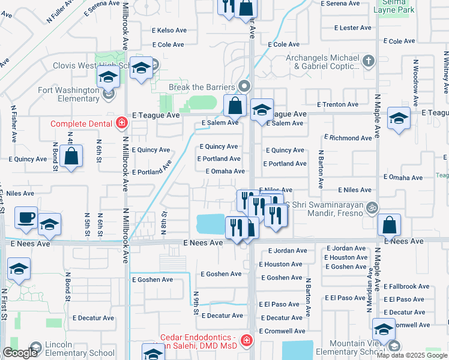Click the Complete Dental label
80,124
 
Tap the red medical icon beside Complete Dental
121,124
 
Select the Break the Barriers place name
202,86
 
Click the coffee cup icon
26,218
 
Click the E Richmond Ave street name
349,138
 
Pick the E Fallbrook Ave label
406,287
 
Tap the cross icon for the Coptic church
368,60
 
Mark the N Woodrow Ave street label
415,79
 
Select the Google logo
20,353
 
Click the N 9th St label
196,302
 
